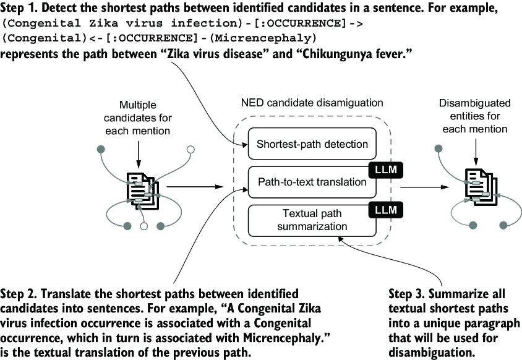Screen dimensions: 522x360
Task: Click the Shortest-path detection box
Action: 312,144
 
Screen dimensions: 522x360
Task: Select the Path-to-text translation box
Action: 312,182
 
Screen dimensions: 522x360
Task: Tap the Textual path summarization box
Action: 312,220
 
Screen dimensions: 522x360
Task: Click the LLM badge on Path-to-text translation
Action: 386,170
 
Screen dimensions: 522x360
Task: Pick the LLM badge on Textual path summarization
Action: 386,210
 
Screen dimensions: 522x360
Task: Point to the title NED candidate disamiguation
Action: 312,103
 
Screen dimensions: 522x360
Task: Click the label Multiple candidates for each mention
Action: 137,118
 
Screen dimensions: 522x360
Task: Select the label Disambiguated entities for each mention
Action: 475,116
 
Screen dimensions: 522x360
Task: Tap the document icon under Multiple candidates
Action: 142,191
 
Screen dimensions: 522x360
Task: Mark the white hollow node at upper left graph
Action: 190,149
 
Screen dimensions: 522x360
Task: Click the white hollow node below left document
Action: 144,226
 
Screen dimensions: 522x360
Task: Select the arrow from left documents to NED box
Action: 195,187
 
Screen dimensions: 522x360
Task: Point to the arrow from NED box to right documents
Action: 425,187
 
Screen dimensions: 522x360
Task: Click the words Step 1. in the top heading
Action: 19,8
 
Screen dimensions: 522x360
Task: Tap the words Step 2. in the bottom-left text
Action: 19,294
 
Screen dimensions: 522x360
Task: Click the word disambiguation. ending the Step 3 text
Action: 432,352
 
